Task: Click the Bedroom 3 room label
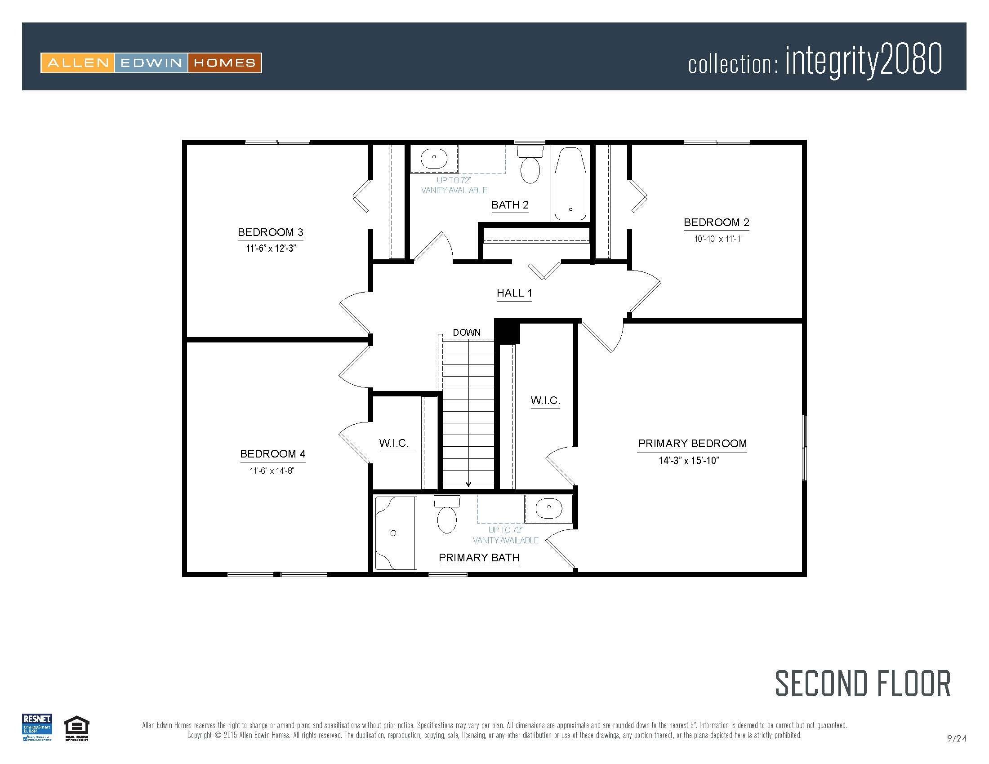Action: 270,232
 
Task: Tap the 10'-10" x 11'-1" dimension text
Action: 718,239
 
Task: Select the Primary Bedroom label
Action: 692,444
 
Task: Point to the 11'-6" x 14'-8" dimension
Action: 272,471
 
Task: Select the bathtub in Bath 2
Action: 570,184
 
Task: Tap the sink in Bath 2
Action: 434,158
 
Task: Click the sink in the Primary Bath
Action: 548,508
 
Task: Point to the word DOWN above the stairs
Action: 467,332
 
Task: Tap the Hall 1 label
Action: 514,293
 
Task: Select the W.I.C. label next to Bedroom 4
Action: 393,443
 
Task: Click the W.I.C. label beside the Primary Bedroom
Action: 545,400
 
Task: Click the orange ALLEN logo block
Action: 78,63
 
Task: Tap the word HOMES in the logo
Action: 225,63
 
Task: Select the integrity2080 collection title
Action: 863,60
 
